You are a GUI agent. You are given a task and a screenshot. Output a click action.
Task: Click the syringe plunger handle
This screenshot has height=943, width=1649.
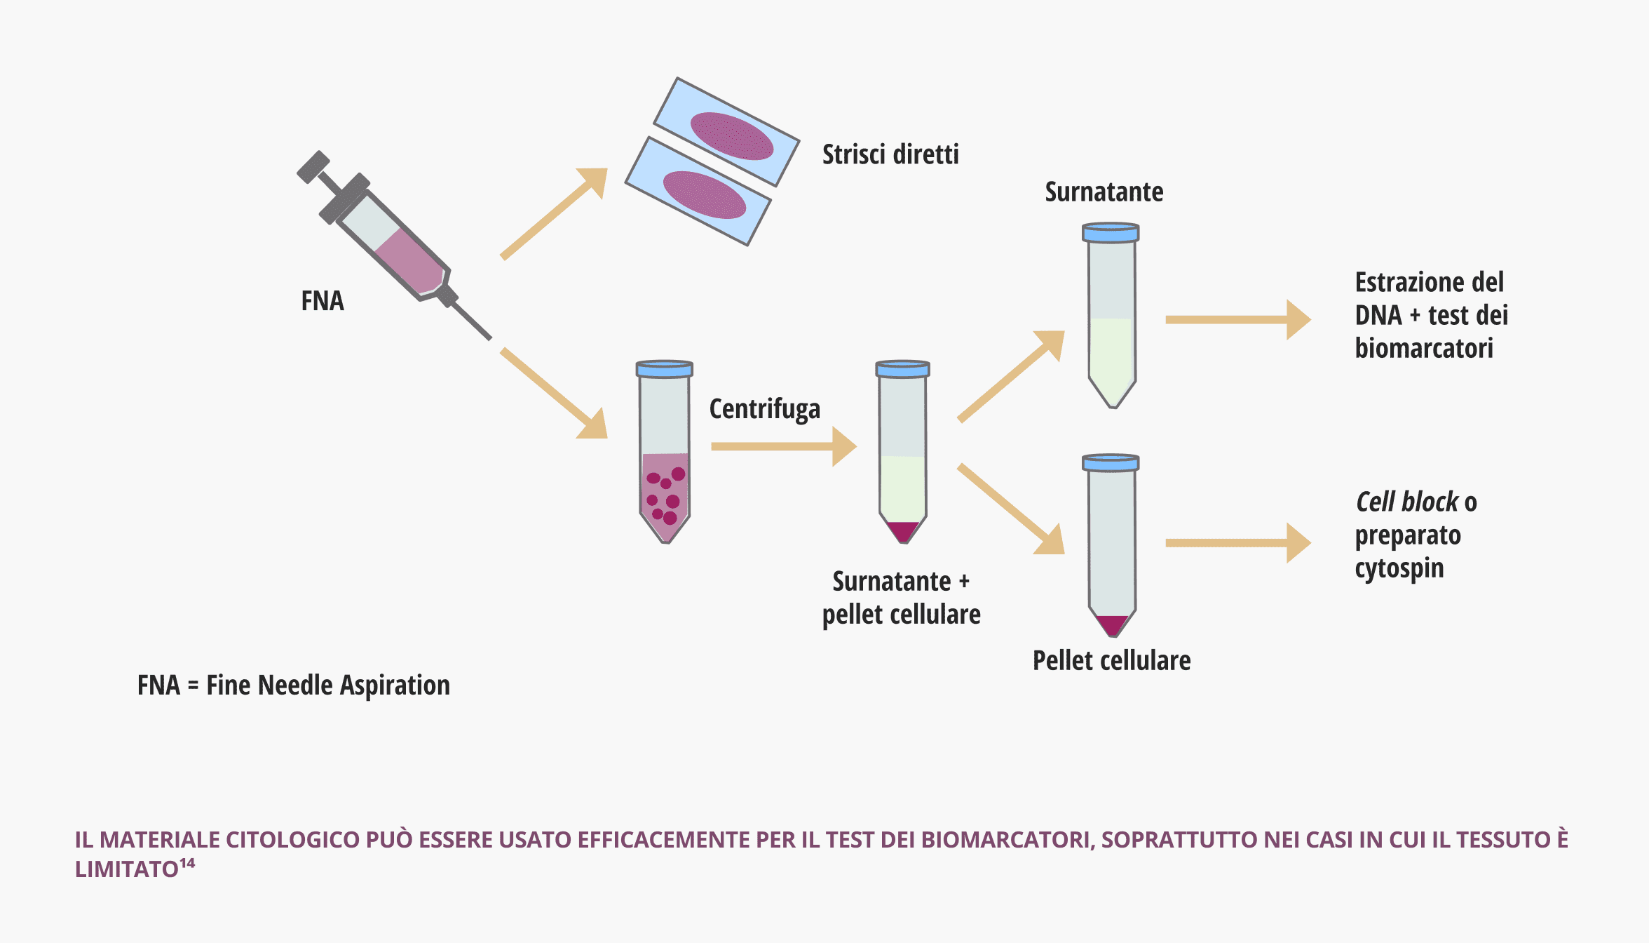pos(313,167)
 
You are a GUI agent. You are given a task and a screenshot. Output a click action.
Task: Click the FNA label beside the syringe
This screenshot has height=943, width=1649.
pos(323,301)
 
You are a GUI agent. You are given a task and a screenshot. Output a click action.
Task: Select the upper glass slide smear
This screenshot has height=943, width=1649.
pos(731,136)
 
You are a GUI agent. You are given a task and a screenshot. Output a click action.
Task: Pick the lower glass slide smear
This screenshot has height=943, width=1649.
pos(704,195)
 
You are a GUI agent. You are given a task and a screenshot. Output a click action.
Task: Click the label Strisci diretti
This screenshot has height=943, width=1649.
pos(890,154)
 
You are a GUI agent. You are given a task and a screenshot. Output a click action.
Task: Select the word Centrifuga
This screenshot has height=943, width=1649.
pos(764,409)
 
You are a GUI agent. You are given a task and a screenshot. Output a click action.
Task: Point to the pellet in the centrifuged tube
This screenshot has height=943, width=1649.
pos(903,530)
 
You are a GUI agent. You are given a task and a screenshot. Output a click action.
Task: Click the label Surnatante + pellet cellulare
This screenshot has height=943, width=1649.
pos(901,598)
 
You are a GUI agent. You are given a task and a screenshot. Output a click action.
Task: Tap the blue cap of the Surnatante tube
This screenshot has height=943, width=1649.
pos(1111,232)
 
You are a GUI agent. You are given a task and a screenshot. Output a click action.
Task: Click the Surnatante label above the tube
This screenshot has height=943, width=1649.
pos(1104,192)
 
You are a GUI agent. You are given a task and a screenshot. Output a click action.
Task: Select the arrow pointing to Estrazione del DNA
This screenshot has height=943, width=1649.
pos(1237,319)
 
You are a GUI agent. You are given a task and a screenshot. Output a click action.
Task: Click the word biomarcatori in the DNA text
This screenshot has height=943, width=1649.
pos(1424,348)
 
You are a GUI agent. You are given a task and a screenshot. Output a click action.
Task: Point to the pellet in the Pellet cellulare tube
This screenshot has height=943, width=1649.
pos(1112,624)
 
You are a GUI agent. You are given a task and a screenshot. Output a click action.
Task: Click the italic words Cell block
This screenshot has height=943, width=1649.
pos(1407,502)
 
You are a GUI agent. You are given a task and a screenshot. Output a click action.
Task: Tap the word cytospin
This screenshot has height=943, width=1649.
pos(1399,568)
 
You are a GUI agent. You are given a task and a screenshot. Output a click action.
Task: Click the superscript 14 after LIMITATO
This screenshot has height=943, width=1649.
pos(187,863)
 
